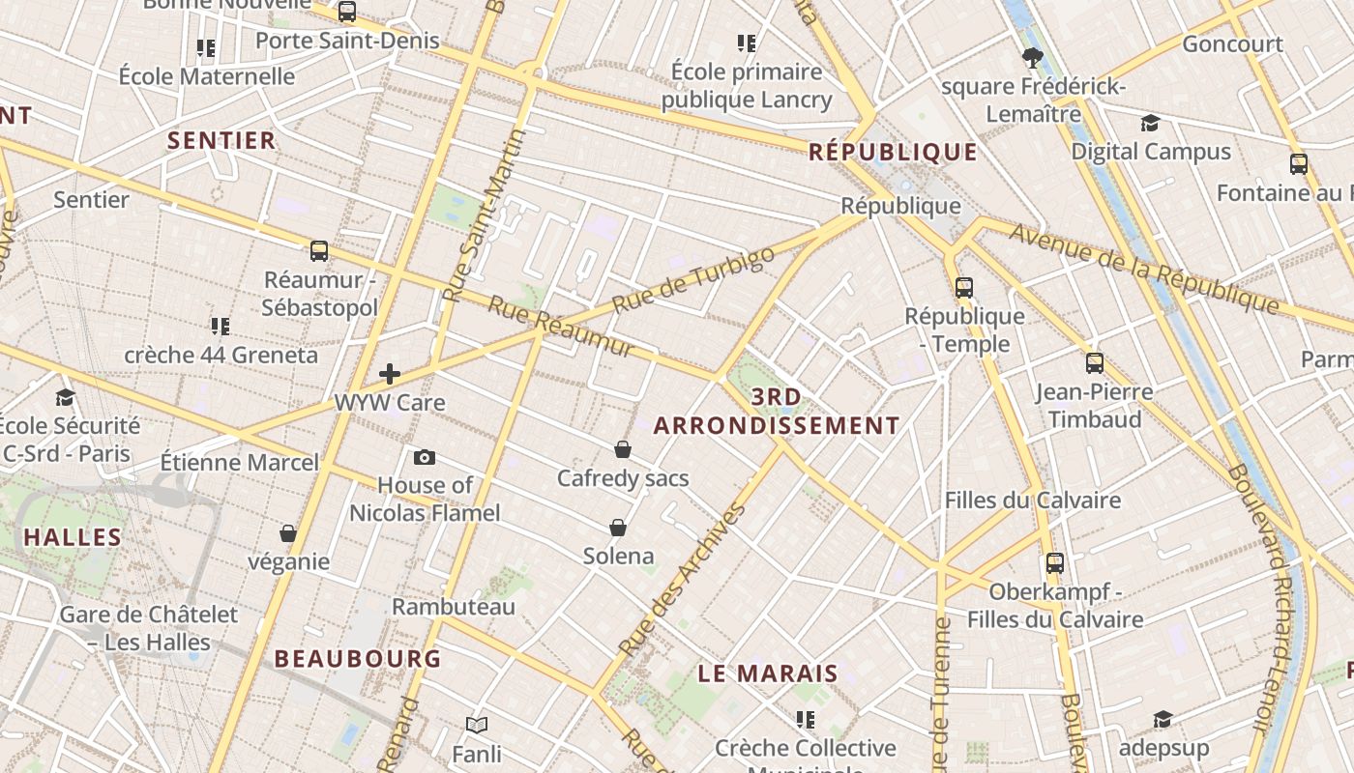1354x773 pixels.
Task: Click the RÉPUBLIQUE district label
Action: pyautogui.click(x=893, y=152)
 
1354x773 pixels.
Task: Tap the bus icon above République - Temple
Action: pyautogui.click(x=963, y=287)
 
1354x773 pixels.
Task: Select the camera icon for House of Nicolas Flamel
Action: pyautogui.click(x=424, y=457)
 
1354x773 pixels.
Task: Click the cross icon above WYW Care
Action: pyautogui.click(x=390, y=373)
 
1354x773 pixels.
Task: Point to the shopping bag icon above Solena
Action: pyautogui.click(x=618, y=528)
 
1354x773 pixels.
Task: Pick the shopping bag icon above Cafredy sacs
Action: pyautogui.click(x=623, y=449)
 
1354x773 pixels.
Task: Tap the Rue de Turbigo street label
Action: pyautogui.click(x=693, y=279)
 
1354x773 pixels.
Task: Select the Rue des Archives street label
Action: pyautogui.click(x=683, y=579)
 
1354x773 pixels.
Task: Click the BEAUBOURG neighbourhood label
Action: pyautogui.click(x=358, y=659)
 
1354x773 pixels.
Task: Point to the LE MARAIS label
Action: pyautogui.click(x=768, y=673)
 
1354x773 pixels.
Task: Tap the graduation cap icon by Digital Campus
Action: pyautogui.click(x=1150, y=123)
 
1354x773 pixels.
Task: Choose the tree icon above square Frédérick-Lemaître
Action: pyautogui.click(x=1033, y=58)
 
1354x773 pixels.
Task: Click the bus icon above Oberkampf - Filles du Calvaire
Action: pyautogui.click(x=1054, y=562)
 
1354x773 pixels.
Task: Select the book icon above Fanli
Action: pyautogui.click(x=477, y=724)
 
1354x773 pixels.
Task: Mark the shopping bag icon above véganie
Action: pyautogui.click(x=287, y=533)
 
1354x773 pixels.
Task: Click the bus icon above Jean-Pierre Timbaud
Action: pyautogui.click(x=1094, y=362)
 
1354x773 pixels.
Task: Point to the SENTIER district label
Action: pyautogui.click(x=221, y=140)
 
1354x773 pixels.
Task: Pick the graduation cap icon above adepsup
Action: pyautogui.click(x=1163, y=719)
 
